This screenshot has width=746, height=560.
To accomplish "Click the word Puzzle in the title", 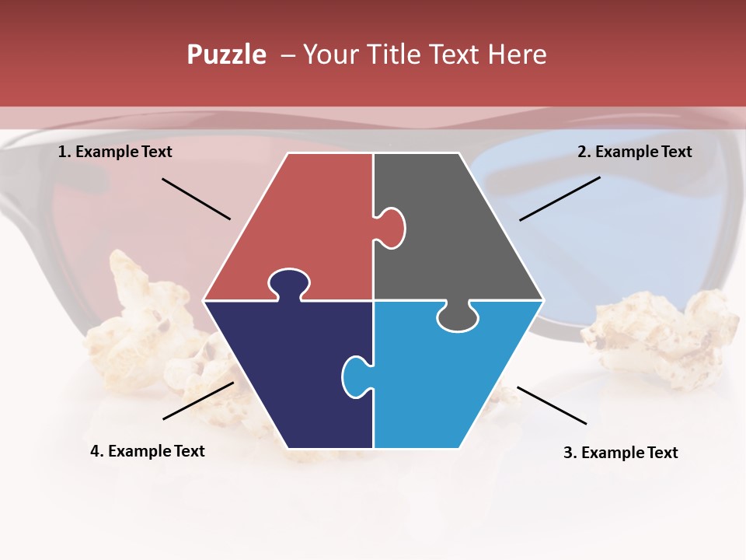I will tap(226, 54).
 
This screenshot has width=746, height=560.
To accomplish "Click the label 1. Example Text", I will tap(115, 152).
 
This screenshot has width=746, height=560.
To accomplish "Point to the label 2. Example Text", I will tap(634, 152).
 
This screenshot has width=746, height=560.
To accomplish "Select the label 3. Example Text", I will tap(620, 453).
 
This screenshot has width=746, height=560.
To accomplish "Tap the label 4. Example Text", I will tap(147, 451).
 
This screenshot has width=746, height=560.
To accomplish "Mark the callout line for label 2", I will tap(559, 198).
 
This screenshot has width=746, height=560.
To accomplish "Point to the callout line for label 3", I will tap(552, 405).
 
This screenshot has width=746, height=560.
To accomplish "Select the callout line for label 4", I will tap(198, 401).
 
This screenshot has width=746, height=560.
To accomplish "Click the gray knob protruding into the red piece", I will tap(391, 227).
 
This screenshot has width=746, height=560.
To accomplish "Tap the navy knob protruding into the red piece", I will tap(288, 283).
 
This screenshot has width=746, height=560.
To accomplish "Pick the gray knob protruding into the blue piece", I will tap(457, 317).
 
